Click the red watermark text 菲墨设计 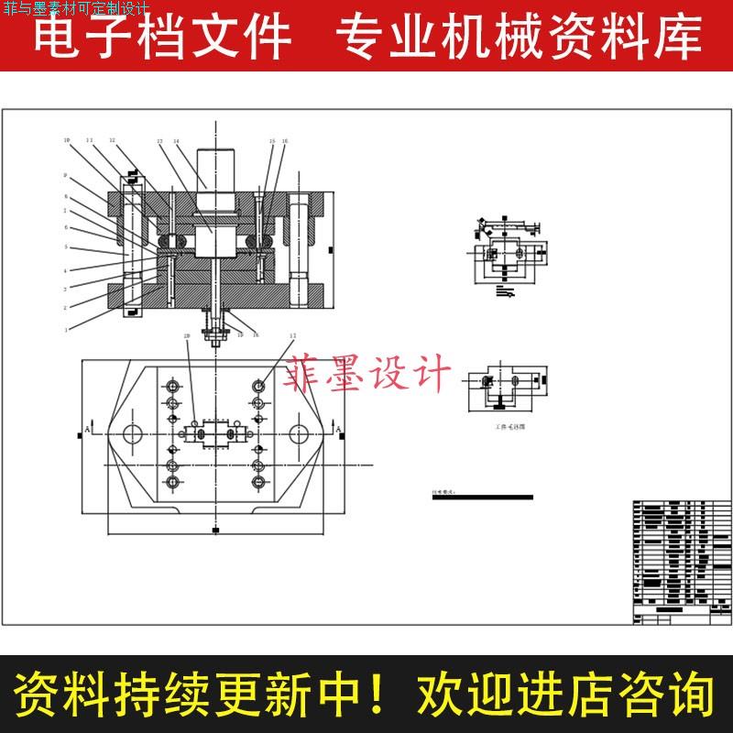369,375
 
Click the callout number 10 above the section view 67,140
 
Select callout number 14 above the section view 176,141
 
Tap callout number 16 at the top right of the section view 285,141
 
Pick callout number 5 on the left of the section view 66,247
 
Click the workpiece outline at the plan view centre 215,432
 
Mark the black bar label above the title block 482,496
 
